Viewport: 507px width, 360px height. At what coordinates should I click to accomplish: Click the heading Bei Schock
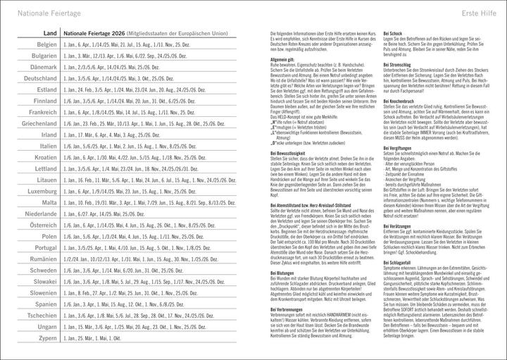392,33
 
